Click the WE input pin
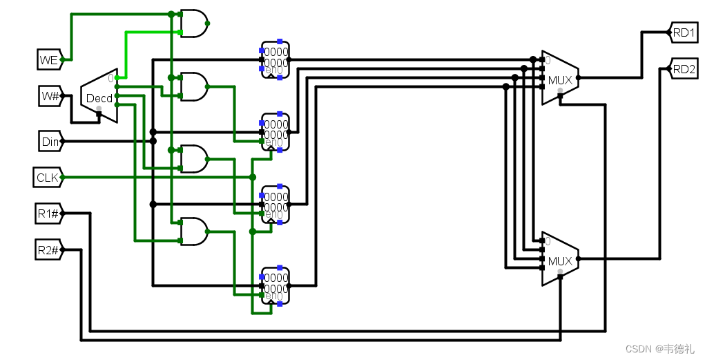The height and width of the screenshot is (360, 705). [50, 60]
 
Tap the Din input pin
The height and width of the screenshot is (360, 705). [50, 142]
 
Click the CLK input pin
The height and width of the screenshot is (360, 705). [48, 178]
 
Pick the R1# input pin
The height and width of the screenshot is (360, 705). [49, 214]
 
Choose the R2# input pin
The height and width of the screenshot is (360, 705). [49, 249]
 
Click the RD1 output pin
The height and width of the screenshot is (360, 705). [684, 32]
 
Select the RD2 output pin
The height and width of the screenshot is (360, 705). [684, 68]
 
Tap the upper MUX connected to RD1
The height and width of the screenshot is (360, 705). [559, 78]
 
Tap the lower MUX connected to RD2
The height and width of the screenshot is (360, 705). [559, 259]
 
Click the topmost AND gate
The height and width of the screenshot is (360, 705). [193, 23]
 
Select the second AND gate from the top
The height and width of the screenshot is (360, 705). [193, 87]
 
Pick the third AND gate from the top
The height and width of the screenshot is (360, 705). [193, 159]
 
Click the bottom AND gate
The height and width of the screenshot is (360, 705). [193, 231]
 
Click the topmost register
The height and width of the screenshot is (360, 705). [276, 59]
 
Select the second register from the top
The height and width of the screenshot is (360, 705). [276, 131]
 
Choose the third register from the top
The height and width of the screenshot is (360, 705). [276, 204]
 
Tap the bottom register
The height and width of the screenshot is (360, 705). [276, 285]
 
